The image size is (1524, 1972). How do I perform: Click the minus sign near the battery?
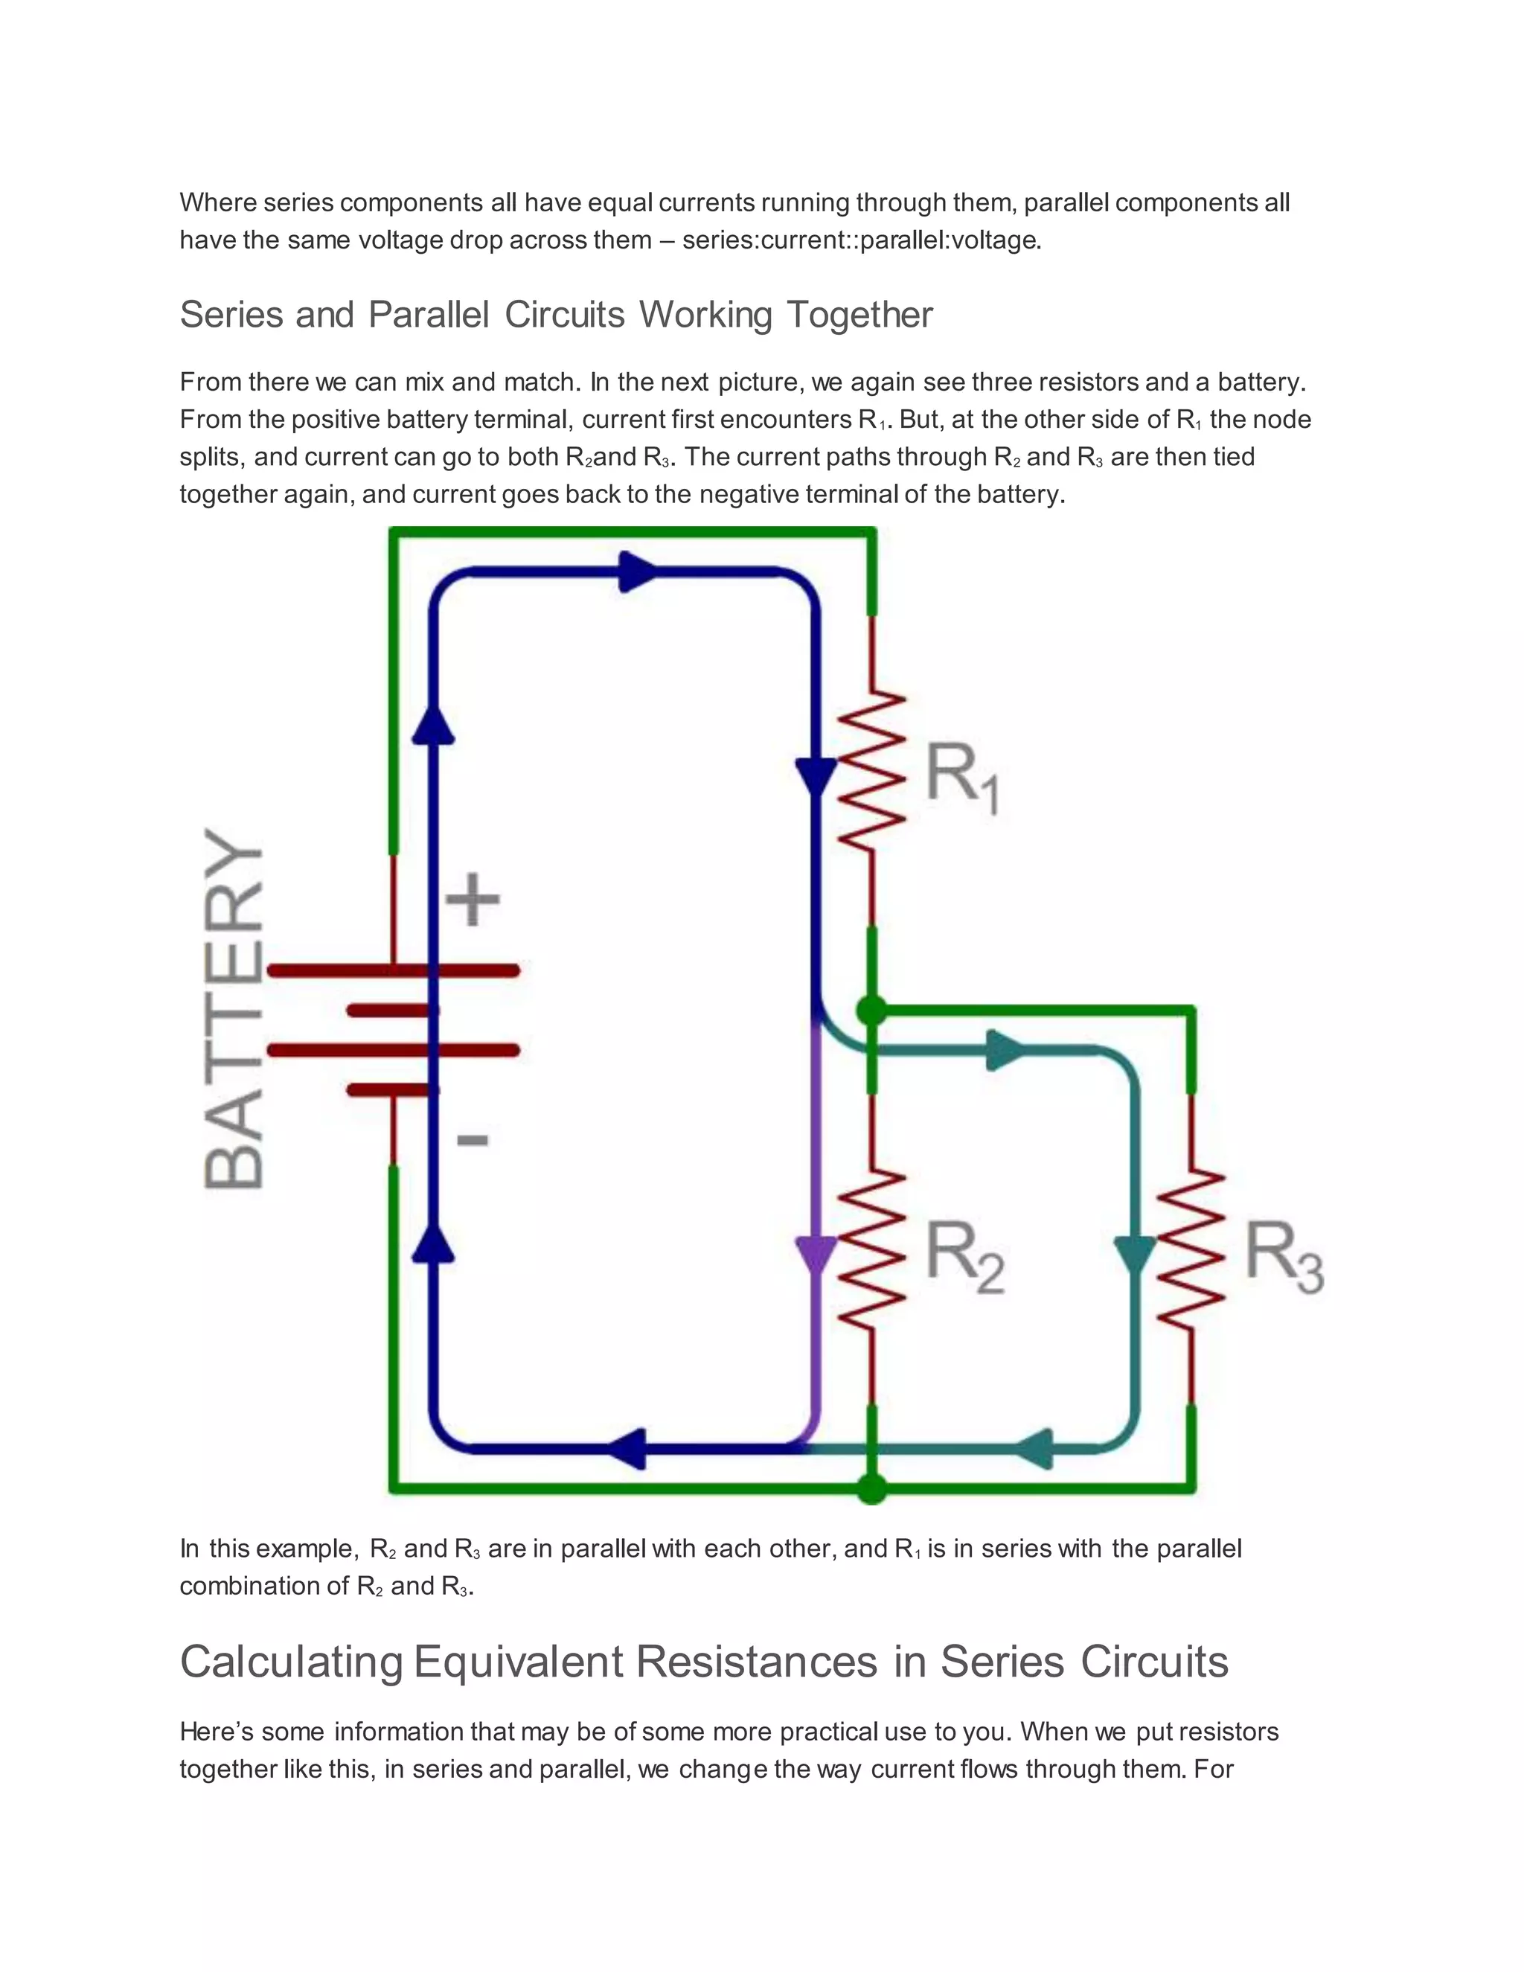[473, 1139]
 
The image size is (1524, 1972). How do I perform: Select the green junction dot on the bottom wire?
[871, 1488]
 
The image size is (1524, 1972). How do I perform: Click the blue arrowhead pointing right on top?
[639, 572]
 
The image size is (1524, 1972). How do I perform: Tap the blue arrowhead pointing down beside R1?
[816, 775]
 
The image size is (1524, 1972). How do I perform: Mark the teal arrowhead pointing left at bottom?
[1036, 1448]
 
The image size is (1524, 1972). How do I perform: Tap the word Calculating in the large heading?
[291, 1662]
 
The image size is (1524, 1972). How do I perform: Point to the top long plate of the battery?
[394, 970]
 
